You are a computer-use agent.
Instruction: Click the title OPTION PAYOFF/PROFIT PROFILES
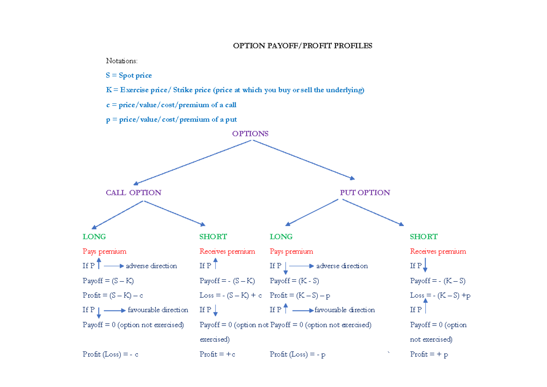pyautogui.click(x=303, y=46)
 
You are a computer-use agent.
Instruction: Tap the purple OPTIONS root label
pyautogui.click(x=250, y=134)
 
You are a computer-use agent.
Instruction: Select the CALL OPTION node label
pyautogui.click(x=134, y=192)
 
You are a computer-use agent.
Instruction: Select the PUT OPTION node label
pyautogui.click(x=365, y=192)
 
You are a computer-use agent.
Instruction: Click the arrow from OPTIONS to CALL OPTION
pyautogui.click(x=191, y=162)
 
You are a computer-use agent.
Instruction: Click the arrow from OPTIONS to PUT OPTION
pyautogui.click(x=304, y=160)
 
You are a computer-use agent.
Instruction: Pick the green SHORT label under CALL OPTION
pyautogui.click(x=213, y=237)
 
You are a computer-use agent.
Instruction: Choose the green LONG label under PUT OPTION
pyautogui.click(x=281, y=237)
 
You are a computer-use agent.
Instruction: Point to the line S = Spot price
pyautogui.click(x=129, y=75)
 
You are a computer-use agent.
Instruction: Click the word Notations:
pyautogui.click(x=121, y=61)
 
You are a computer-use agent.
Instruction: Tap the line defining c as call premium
pyautogui.click(x=171, y=105)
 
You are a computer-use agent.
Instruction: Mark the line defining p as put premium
pyautogui.click(x=171, y=119)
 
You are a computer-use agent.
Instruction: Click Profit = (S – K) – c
pyautogui.click(x=113, y=295)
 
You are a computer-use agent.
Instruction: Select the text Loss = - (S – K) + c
pyautogui.click(x=231, y=295)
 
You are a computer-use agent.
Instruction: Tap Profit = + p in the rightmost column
pyautogui.click(x=429, y=354)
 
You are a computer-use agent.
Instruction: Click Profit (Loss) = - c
pyautogui.click(x=110, y=354)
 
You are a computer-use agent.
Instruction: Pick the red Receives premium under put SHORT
pyautogui.click(x=438, y=251)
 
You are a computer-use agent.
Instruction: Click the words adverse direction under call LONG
pyautogui.click(x=151, y=266)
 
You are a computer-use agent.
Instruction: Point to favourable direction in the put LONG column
pyautogui.click(x=345, y=310)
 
